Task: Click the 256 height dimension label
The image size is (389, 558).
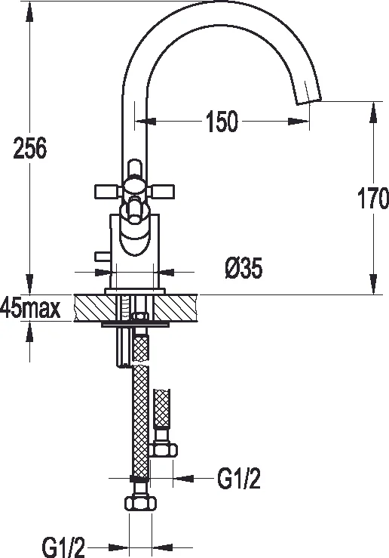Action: click(x=30, y=149)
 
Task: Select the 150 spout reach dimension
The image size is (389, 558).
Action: click(x=220, y=120)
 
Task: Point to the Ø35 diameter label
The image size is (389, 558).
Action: click(x=243, y=269)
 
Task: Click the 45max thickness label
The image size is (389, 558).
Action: click(x=31, y=308)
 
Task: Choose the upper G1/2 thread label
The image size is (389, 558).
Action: click(x=239, y=478)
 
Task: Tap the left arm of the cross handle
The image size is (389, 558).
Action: click(x=105, y=190)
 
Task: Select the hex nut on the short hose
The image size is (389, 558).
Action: click(x=164, y=450)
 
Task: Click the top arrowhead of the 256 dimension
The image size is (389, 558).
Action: click(x=29, y=6)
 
